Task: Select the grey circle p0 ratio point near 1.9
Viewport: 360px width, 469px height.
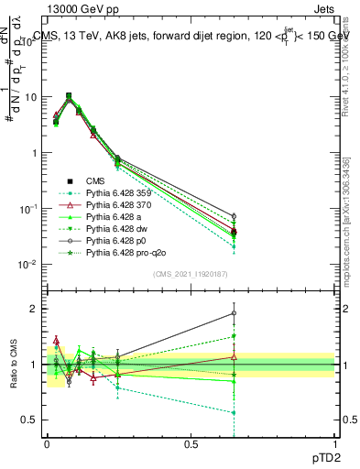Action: coord(235,313)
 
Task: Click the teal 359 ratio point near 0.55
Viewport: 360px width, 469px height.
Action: coord(235,413)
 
